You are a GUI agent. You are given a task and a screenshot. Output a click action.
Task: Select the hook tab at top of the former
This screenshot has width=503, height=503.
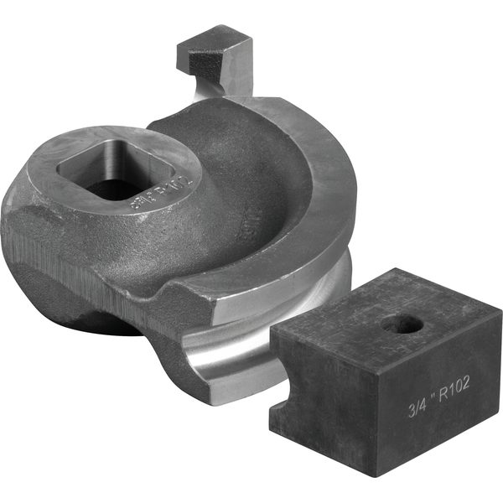(216, 52)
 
